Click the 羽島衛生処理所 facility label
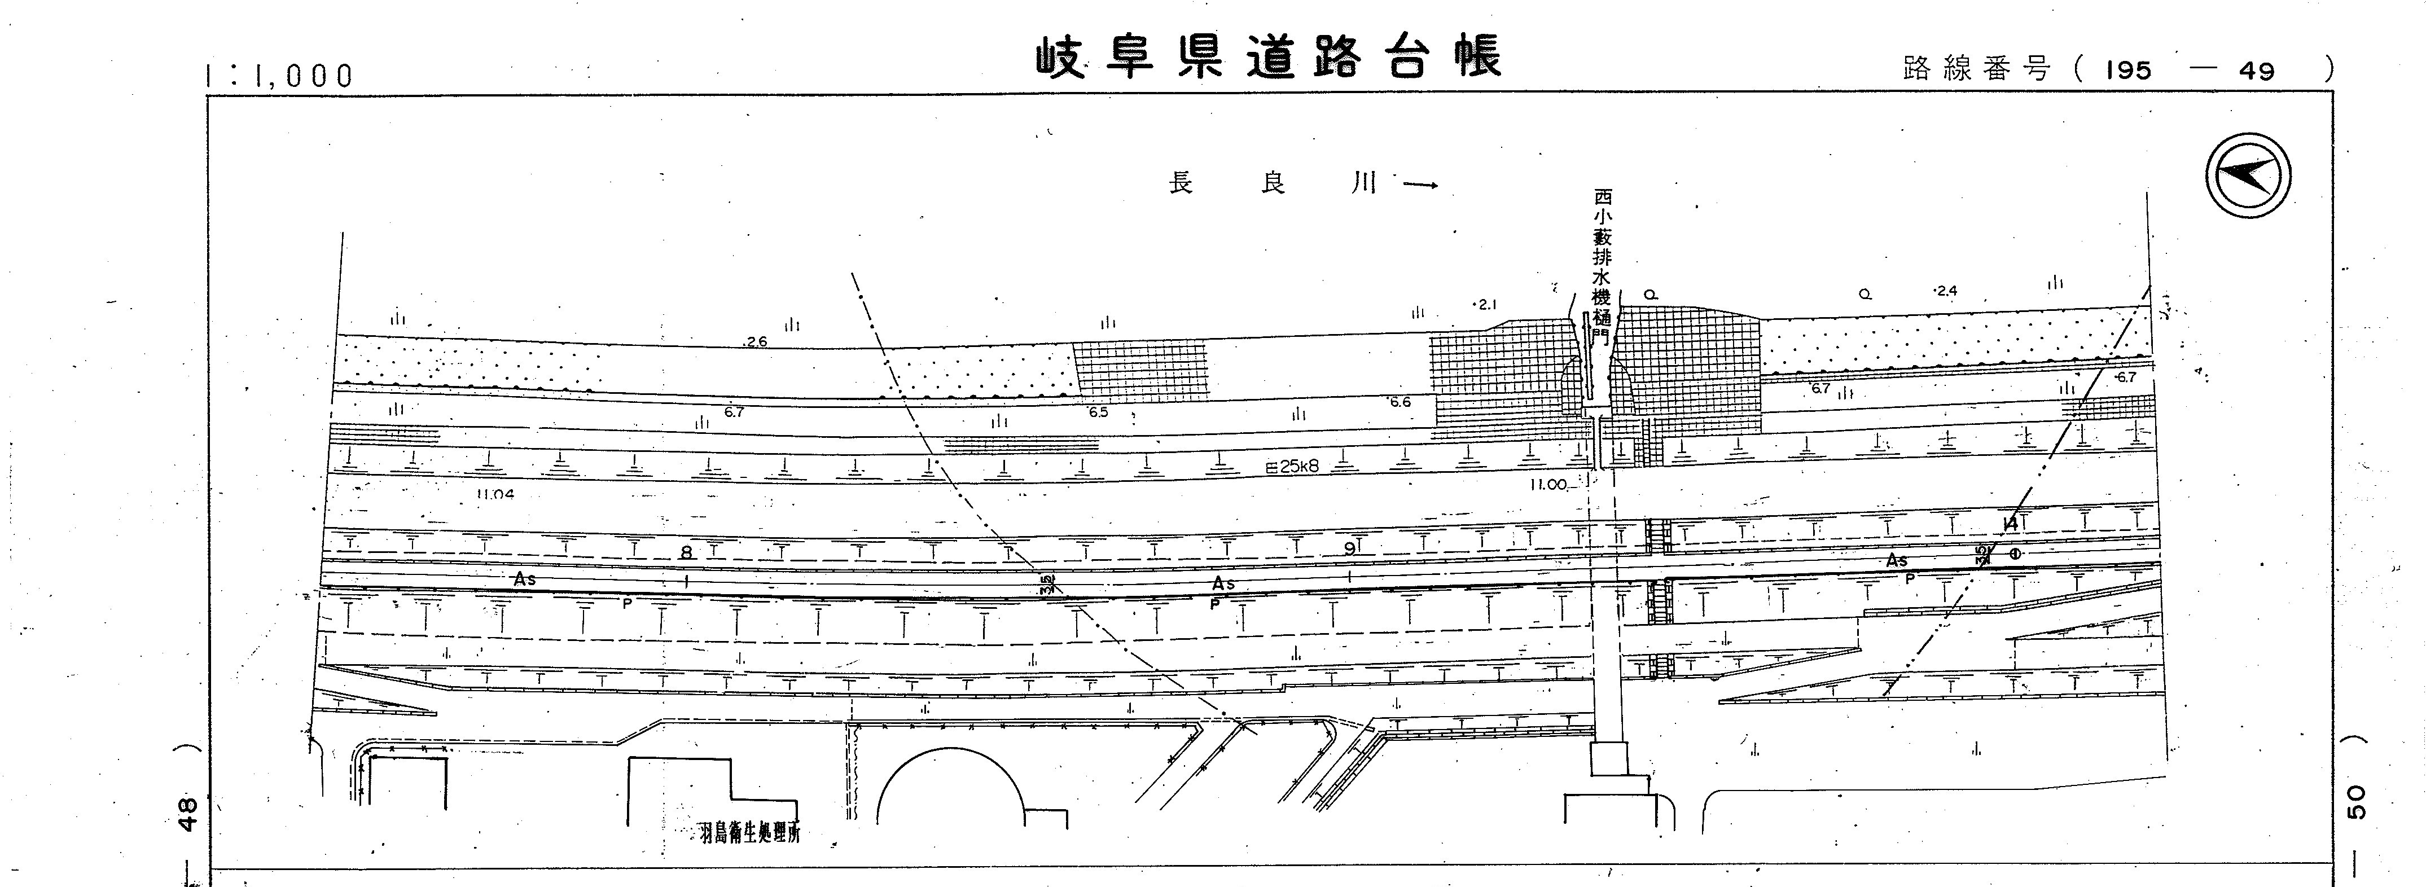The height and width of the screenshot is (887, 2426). (749, 833)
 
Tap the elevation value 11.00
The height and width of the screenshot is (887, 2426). (1547, 485)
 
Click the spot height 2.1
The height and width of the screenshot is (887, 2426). (1485, 304)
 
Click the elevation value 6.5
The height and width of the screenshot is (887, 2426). (1098, 412)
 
